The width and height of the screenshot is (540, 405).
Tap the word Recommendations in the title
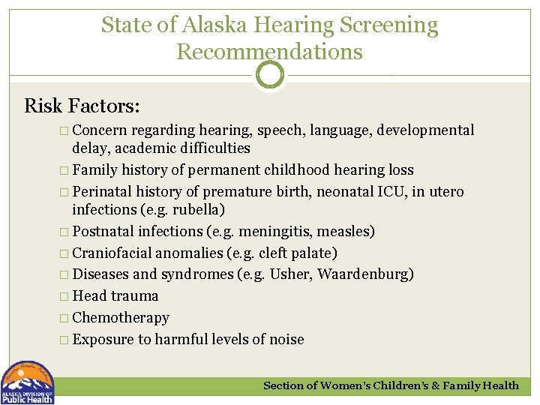[x=269, y=52]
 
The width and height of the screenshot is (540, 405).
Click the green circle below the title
[x=269, y=75]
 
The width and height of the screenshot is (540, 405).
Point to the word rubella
[x=198, y=209]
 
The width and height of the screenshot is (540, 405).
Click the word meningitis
[x=268, y=231]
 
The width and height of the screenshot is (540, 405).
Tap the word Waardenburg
[x=362, y=274]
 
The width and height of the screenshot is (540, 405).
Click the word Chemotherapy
[x=121, y=317]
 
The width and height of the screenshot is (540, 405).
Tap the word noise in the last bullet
[x=284, y=339]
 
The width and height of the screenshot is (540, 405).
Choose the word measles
[x=344, y=231]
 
